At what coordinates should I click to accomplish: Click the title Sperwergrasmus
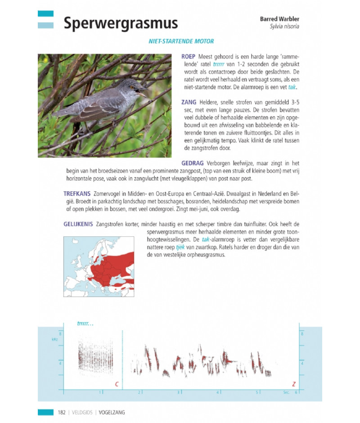pyautogui.click(x=120, y=23)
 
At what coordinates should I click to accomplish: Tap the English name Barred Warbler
pyautogui.click(x=279, y=19)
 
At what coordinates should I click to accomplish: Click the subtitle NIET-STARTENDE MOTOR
pyautogui.click(x=181, y=41)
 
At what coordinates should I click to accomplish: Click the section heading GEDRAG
pyautogui.click(x=193, y=163)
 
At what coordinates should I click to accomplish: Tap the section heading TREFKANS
pyautogui.click(x=76, y=193)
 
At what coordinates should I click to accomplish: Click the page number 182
pyautogui.click(x=63, y=412)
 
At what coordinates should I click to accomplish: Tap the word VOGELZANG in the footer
pyautogui.click(x=112, y=412)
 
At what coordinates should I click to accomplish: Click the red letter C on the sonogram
pyautogui.click(x=117, y=384)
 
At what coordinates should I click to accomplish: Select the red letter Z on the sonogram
pyautogui.click(x=294, y=384)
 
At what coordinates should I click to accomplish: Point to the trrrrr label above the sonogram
pyautogui.click(x=85, y=323)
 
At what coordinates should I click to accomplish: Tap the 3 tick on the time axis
pyautogui.click(x=179, y=392)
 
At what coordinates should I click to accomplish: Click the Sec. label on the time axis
pyautogui.click(x=286, y=392)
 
